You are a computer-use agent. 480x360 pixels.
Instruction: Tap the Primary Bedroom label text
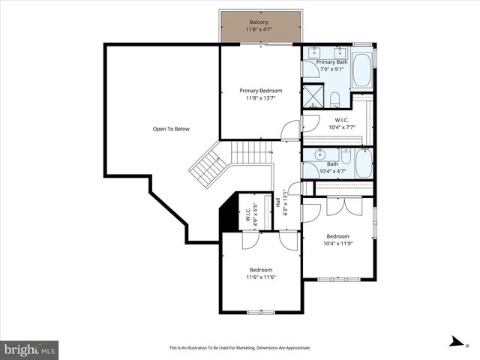tap(260, 91)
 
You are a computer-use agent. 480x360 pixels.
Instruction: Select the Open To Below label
tap(171, 129)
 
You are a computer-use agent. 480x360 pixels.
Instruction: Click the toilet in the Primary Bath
tap(335, 98)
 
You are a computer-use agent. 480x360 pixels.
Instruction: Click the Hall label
tap(278, 202)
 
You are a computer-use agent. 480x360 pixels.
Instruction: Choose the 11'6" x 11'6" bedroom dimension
tap(260, 277)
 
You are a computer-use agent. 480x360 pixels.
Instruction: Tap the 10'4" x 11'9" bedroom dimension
tap(337, 243)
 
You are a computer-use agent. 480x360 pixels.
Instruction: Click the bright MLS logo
tap(30, 349)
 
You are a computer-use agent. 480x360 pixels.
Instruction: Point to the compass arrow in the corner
tap(455, 342)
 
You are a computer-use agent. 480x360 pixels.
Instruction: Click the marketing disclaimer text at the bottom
tap(239, 348)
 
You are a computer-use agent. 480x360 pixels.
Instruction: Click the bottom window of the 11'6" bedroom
tap(260, 311)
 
